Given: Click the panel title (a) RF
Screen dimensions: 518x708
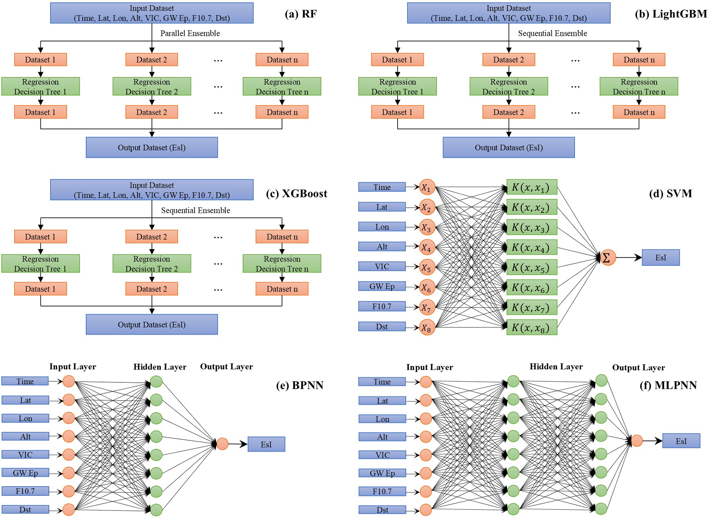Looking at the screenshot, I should (300, 14).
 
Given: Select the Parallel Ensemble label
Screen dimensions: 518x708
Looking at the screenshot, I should (190, 33).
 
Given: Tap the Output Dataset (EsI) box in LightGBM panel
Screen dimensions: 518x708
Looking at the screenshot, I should (508, 147).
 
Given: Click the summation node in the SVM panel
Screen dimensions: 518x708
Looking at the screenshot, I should (608, 258).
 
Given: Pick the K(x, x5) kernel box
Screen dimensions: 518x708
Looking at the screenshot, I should (532, 268).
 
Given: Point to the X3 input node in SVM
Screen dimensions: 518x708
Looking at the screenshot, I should (427, 227).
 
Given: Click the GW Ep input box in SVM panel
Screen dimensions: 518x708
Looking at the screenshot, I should (382, 286).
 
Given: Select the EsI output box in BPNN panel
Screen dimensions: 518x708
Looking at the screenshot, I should (266, 444).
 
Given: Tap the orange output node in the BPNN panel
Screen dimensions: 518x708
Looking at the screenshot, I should (222, 444).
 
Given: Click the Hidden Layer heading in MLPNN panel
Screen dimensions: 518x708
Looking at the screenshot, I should (556, 367).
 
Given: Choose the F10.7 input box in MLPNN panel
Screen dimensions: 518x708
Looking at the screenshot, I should (382, 491).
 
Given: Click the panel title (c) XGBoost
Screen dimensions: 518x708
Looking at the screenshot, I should (297, 194).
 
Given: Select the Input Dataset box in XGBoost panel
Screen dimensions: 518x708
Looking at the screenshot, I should (152, 190).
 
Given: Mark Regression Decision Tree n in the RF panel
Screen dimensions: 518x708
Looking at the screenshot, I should (282, 86).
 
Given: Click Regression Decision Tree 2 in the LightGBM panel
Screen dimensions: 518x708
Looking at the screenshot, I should (508, 86).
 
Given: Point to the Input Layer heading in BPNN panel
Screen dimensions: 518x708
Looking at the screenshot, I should (73, 367).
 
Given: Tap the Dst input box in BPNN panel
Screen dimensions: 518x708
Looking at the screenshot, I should (25, 509).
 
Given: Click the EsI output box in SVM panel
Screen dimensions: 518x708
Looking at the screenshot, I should (660, 258).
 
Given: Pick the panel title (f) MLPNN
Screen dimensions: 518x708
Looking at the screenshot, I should (668, 385).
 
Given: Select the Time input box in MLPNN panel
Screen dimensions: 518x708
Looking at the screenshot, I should (382, 382).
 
